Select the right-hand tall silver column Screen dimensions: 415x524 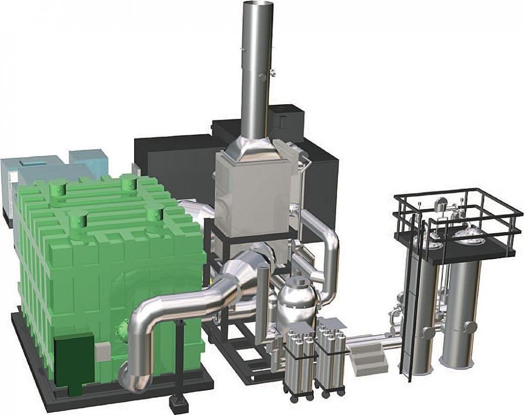pyautogui.click(x=461, y=316)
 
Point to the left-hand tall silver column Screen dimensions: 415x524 pyautogui.click(x=422, y=316)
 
